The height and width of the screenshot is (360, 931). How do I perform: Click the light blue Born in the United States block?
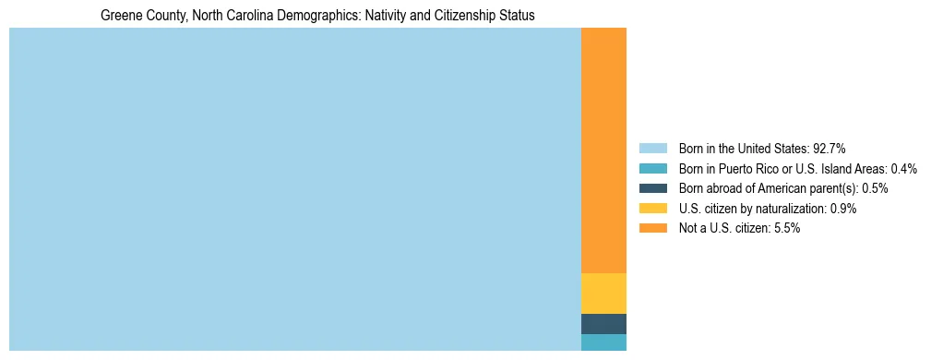[x=294, y=189]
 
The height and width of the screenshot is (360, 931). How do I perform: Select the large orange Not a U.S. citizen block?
[x=603, y=150]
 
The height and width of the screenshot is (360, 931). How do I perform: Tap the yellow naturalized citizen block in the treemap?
[x=603, y=294]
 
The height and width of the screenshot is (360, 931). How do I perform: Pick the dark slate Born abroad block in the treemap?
[x=603, y=324]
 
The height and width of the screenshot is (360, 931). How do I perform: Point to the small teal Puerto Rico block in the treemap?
[x=603, y=342]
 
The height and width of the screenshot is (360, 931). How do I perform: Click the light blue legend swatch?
[x=652, y=148]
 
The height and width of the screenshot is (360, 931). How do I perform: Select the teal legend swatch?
[x=652, y=168]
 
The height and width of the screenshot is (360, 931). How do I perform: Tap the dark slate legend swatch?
[x=652, y=188]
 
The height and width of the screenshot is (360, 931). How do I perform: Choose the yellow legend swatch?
[x=652, y=209]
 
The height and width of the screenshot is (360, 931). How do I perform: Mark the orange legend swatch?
[x=652, y=228]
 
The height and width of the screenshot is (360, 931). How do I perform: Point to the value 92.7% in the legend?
[x=830, y=148]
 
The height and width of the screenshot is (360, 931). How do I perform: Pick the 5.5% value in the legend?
[x=785, y=228]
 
